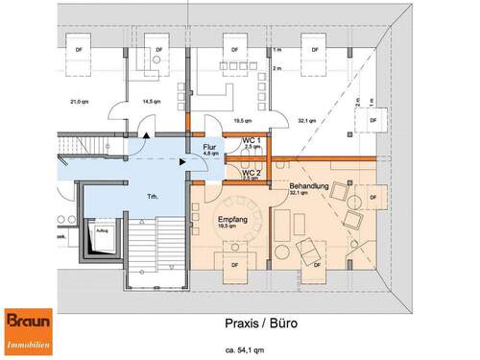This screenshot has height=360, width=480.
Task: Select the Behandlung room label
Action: point(308,185)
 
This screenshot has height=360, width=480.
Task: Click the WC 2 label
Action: point(252,172)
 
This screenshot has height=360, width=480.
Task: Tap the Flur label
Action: point(210,145)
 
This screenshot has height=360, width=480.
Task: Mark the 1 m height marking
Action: point(276,49)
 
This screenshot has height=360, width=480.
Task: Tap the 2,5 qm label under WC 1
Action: point(252,148)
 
